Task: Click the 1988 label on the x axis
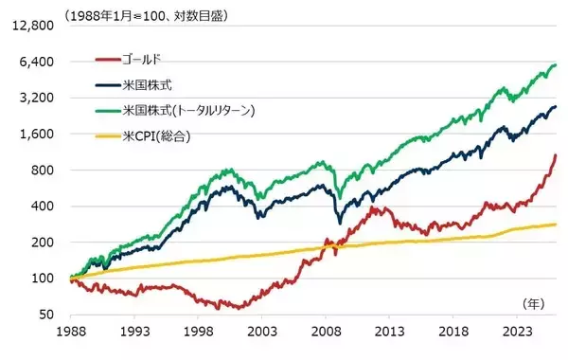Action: [x=72, y=333]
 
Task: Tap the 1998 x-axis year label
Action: [x=199, y=333]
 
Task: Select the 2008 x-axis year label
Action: [x=326, y=333]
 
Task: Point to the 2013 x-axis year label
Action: [x=389, y=333]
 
